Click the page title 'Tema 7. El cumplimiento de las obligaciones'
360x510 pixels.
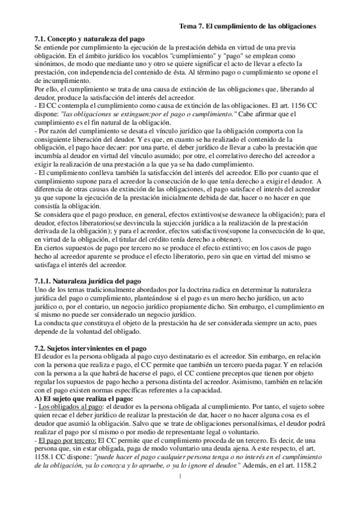249,26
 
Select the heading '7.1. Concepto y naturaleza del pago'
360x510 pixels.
90,38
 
